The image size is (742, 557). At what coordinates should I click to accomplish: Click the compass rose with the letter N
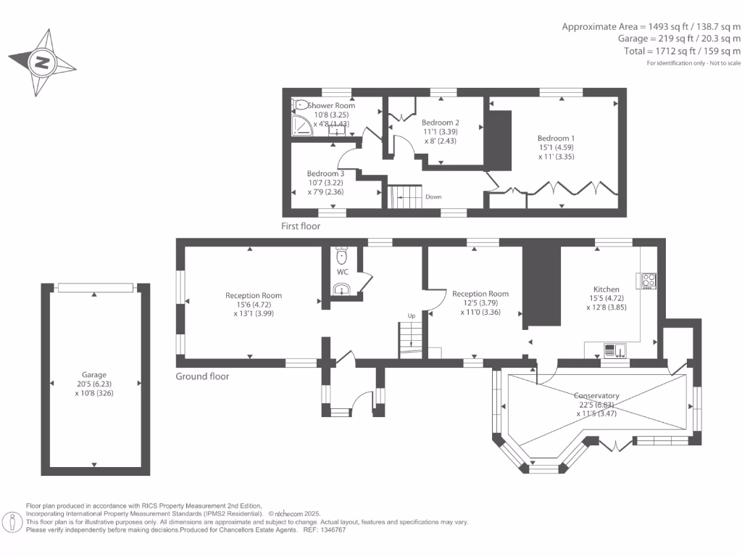coord(41,62)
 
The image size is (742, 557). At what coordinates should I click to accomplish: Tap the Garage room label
coord(94,375)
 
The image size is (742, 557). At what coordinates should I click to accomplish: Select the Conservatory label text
coord(596,395)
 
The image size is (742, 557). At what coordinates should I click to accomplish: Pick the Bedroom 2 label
coord(441,123)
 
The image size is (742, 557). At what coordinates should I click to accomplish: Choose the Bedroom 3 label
coord(325,173)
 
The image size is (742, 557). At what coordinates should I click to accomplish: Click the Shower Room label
coord(331,106)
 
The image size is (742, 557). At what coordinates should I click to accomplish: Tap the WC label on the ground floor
coord(342,272)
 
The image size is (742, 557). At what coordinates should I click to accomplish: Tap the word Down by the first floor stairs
coord(433,197)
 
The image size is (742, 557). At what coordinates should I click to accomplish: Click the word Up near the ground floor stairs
coord(412,315)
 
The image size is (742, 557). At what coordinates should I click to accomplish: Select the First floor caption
coord(301,226)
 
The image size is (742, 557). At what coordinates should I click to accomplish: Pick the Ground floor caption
coord(202,376)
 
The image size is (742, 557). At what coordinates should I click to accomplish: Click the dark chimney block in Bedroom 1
coord(499,138)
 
